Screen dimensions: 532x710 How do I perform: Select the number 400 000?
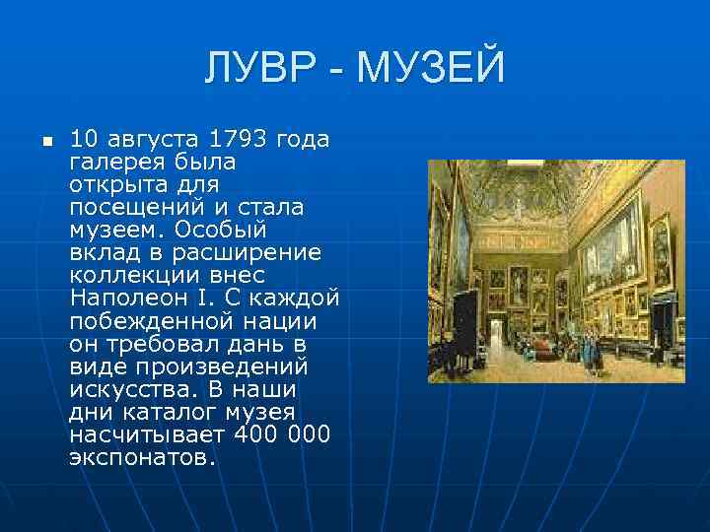[x=281, y=434]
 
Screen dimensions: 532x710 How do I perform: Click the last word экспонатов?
[x=141, y=457]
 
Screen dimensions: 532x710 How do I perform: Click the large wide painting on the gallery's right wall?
[x=610, y=242]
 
